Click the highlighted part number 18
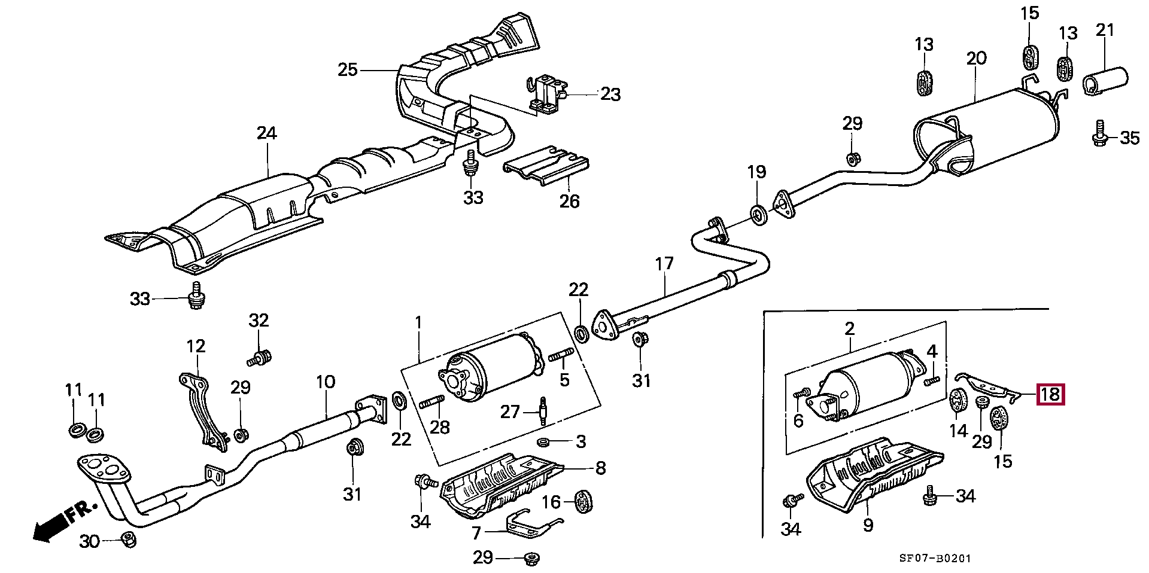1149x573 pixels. pyautogui.click(x=1051, y=395)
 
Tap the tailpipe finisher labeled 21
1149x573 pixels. pyautogui.click(x=1105, y=82)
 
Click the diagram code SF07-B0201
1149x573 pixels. pyautogui.click(x=935, y=558)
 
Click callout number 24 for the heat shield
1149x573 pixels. pyautogui.click(x=267, y=133)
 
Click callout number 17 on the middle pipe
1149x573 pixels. pyautogui.click(x=664, y=264)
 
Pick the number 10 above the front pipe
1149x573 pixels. pyautogui.click(x=326, y=382)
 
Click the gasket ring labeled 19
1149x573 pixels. pyautogui.click(x=758, y=215)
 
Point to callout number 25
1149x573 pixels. pyautogui.click(x=348, y=70)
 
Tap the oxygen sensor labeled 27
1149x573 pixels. pyautogui.click(x=543, y=411)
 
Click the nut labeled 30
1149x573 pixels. pyautogui.click(x=127, y=540)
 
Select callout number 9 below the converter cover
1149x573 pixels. pyautogui.click(x=868, y=525)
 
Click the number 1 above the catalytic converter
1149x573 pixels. pyautogui.click(x=418, y=323)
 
